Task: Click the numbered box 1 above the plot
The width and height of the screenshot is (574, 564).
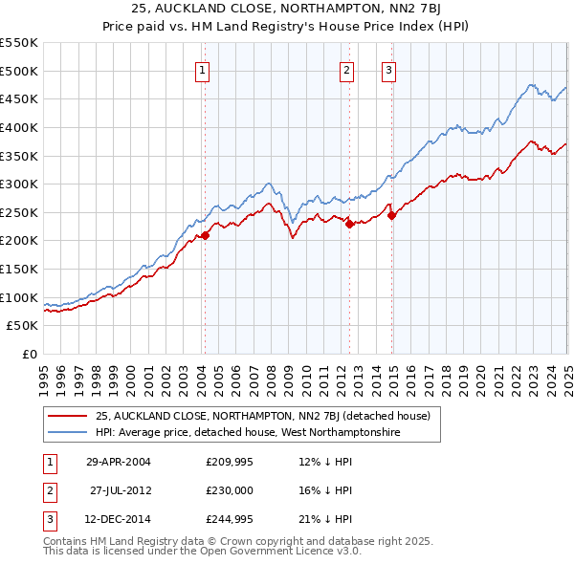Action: coord(204,69)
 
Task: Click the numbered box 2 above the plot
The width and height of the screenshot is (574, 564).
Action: coord(346,69)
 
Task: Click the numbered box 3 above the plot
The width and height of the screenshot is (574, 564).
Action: coord(389,69)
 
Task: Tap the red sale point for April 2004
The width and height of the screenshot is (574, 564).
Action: coord(205,235)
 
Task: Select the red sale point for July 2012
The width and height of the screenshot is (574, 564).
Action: coord(349,224)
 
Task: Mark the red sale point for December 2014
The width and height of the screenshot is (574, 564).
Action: coord(391,215)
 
